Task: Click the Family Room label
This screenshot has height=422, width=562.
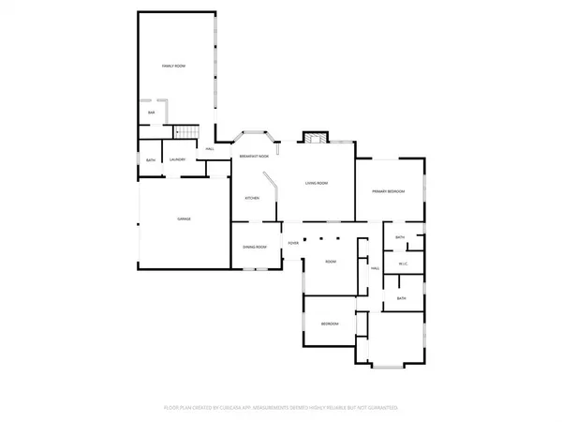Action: (173, 66)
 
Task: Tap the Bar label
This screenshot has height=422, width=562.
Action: (151, 113)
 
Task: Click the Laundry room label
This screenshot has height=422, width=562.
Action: (178, 159)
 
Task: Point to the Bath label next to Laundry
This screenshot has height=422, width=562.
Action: (151, 160)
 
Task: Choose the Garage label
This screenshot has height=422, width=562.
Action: (185, 219)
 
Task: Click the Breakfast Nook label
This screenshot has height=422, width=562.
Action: (254, 156)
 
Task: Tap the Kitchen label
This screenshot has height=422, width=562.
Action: (252, 198)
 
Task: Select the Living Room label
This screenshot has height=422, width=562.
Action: (316, 184)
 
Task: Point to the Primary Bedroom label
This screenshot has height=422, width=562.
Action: (388, 191)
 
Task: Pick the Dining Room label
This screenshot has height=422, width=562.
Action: (255, 247)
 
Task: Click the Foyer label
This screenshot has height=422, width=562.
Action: (293, 242)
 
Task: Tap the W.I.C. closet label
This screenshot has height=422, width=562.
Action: (402, 264)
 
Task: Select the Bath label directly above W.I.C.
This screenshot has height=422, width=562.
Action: (400, 237)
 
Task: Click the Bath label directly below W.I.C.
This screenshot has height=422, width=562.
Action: (401, 298)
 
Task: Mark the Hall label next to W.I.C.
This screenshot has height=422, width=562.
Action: (375, 269)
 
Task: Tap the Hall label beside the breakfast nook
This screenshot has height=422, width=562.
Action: (211, 148)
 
